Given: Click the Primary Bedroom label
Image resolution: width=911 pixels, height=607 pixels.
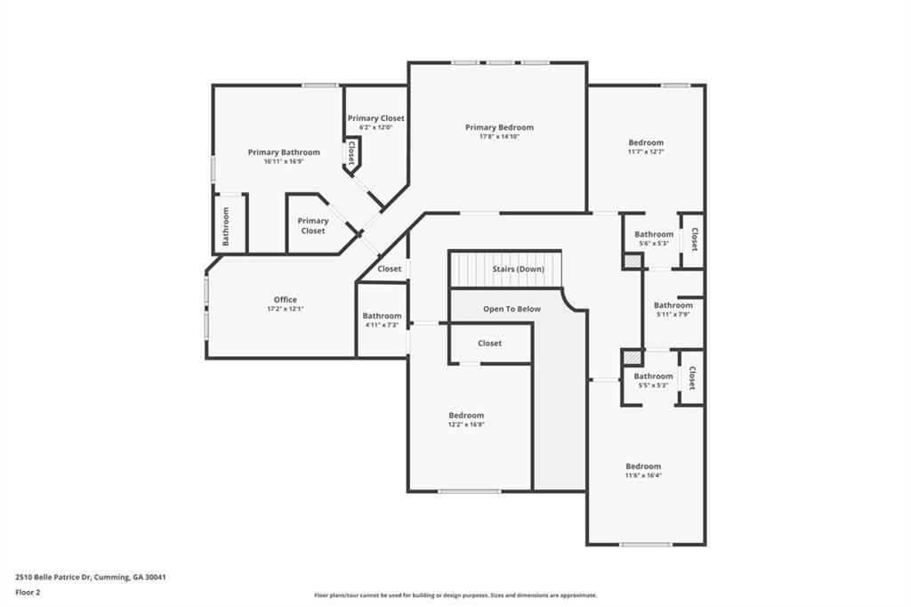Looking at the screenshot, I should [x=499, y=127].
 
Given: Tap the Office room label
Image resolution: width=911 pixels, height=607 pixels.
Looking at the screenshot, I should [x=286, y=300].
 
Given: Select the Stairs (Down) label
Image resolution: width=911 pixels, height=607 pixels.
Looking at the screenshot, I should [x=519, y=269].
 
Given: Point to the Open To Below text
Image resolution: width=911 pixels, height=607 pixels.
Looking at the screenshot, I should [x=512, y=309].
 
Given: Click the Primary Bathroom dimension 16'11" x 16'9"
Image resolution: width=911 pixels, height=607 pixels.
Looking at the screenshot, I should [x=284, y=162].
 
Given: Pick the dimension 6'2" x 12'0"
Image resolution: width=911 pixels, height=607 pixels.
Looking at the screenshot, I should [x=375, y=127].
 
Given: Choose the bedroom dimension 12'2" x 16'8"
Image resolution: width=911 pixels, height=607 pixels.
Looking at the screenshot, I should [x=466, y=425].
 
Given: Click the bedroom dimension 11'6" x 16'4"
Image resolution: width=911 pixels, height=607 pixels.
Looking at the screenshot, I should [x=643, y=475].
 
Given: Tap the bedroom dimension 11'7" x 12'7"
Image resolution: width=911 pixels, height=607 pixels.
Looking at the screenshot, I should [x=646, y=151].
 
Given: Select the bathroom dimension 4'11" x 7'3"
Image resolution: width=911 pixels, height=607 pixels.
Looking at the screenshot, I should [x=382, y=325].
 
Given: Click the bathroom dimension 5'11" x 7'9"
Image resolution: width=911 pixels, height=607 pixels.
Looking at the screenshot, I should [x=673, y=314].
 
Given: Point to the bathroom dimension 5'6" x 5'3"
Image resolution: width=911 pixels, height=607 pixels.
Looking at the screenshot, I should [x=654, y=243].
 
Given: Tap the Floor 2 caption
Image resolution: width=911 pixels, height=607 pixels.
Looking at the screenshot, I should [x=28, y=592].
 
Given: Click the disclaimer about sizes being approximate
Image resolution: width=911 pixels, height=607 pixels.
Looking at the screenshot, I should [x=455, y=595].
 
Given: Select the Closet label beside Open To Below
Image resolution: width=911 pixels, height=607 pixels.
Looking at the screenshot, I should [x=489, y=343].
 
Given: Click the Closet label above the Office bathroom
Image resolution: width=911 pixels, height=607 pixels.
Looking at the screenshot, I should [x=389, y=269].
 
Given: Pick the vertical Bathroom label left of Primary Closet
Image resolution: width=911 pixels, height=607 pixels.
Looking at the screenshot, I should [x=226, y=226].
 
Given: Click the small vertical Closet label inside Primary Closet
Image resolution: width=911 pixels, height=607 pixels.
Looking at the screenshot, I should [x=351, y=153].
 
